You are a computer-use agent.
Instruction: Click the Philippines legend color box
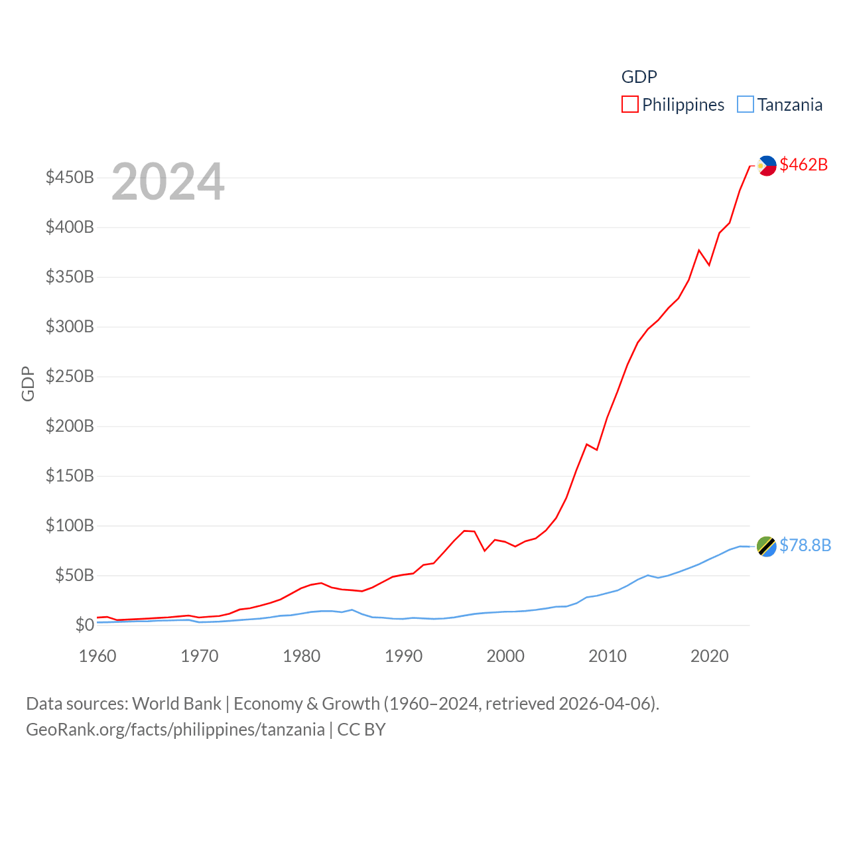pos(629,104)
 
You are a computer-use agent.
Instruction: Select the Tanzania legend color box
pos(746,104)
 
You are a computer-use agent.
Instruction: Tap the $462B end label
pos(803,164)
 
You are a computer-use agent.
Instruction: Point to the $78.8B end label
pos(805,545)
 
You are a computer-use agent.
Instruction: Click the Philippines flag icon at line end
pos(767,166)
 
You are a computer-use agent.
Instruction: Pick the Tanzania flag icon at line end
pos(767,547)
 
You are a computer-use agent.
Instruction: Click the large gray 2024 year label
pos(168,182)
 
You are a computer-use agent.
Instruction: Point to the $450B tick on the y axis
pos(70,177)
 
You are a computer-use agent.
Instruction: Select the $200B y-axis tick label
pos(70,426)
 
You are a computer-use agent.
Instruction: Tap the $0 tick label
pos(84,625)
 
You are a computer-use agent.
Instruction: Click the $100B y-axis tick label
pos(70,525)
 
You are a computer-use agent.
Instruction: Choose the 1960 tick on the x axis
pos(98,656)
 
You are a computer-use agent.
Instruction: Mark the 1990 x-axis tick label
pos(403,656)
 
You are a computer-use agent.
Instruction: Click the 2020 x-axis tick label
pos(709,656)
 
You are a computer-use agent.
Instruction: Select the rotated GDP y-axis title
pos(28,383)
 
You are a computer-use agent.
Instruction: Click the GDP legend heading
pos(639,77)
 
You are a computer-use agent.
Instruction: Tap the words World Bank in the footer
pos(176,703)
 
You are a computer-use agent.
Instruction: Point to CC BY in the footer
pos(361,730)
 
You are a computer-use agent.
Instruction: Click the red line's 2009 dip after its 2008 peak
pos(597,450)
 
